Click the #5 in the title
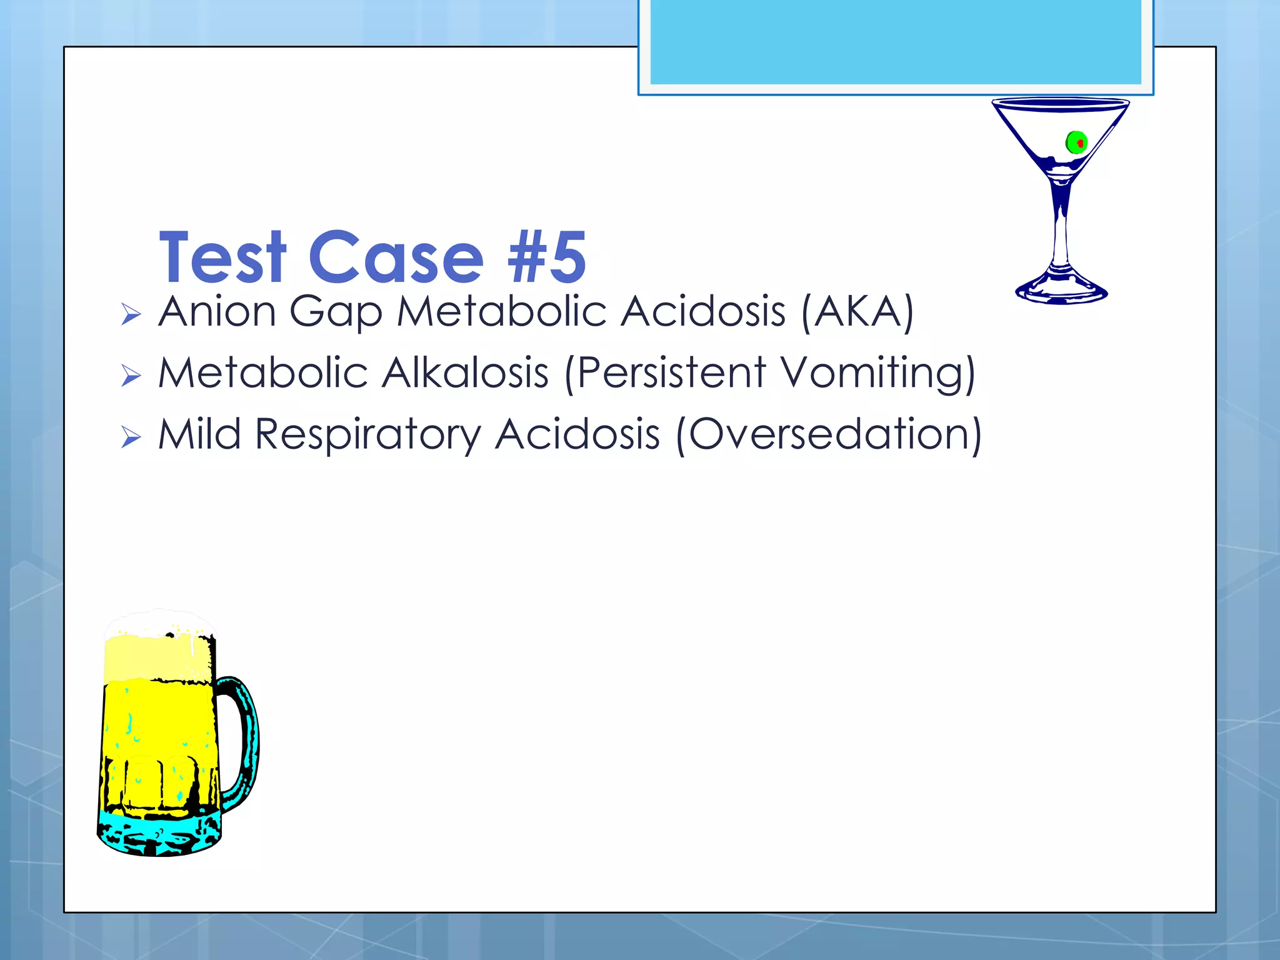(546, 257)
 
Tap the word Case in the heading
(396, 257)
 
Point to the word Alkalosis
(465, 373)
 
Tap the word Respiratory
(369, 434)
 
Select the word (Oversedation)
(829, 434)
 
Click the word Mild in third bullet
(199, 434)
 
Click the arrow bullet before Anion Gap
(131, 314)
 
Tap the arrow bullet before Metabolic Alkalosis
(131, 376)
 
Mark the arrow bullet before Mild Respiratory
(131, 437)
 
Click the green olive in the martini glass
(1076, 142)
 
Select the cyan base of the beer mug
(159, 834)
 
